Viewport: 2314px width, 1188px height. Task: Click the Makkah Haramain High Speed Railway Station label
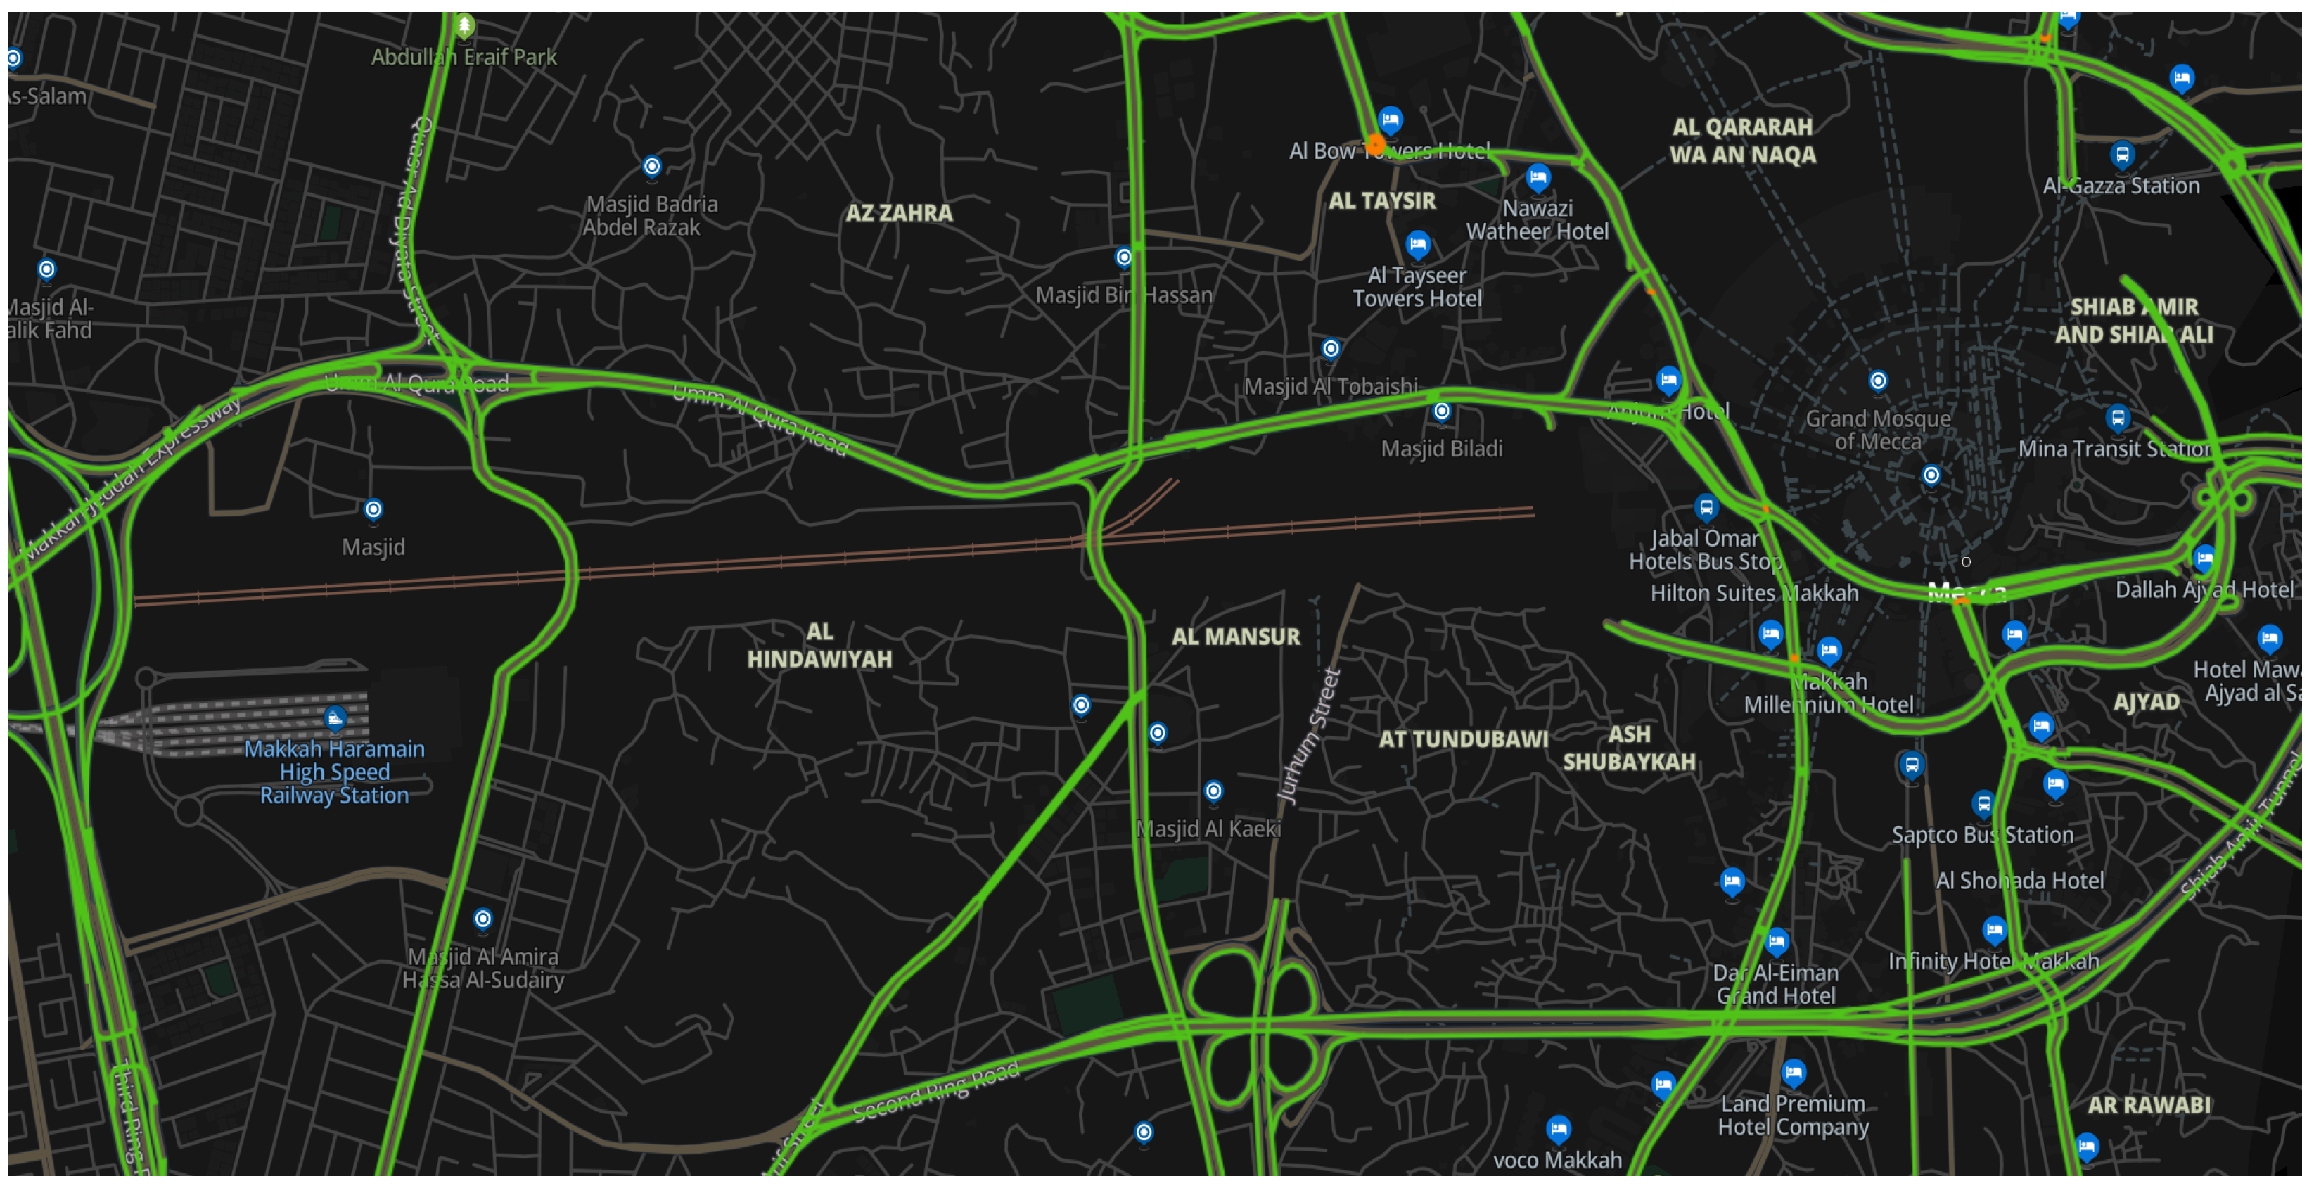[334, 771]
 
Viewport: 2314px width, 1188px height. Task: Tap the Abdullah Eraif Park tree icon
[464, 25]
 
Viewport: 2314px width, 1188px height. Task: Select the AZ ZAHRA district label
[898, 213]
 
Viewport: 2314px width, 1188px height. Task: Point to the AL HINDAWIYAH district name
[819, 645]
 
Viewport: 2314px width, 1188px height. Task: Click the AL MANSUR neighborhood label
[1235, 637]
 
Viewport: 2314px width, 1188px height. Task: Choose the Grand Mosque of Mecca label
[1877, 430]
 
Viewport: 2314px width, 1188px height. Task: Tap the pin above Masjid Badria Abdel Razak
[652, 166]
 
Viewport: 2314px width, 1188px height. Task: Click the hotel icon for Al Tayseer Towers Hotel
[1417, 243]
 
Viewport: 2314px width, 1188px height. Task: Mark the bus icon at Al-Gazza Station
[2122, 155]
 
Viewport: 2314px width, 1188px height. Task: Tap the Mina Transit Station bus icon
[2117, 417]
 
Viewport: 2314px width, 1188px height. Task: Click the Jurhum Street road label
[1309, 735]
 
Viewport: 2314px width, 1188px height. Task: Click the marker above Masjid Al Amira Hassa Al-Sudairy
[483, 919]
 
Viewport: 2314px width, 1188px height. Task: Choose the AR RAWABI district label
[2149, 1104]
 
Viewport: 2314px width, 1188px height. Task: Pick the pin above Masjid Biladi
[1442, 411]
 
